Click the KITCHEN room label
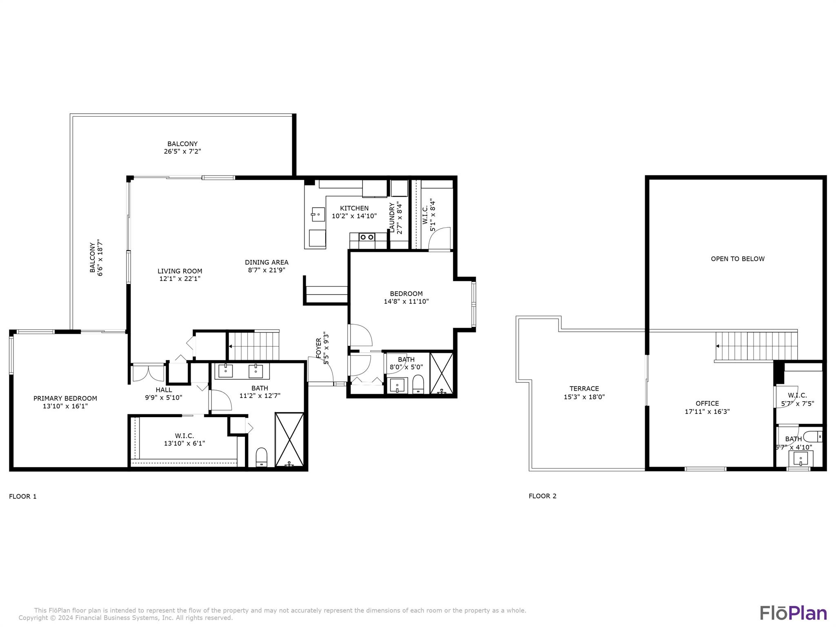coord(354,208)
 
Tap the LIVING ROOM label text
coord(180,271)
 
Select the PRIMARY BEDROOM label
coord(65,398)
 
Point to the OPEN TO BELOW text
coord(738,259)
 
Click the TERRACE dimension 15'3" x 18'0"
coord(584,397)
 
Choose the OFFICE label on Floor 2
coord(707,404)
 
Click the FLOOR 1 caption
coord(23,496)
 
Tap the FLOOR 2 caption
coord(543,496)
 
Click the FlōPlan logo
coord(793,613)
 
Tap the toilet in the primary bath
coord(261,457)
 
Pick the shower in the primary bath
coord(289,440)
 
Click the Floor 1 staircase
coord(253,346)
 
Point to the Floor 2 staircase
coord(756,346)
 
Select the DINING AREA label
coord(267,262)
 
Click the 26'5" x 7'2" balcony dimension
coord(182,151)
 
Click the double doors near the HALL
coord(148,373)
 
